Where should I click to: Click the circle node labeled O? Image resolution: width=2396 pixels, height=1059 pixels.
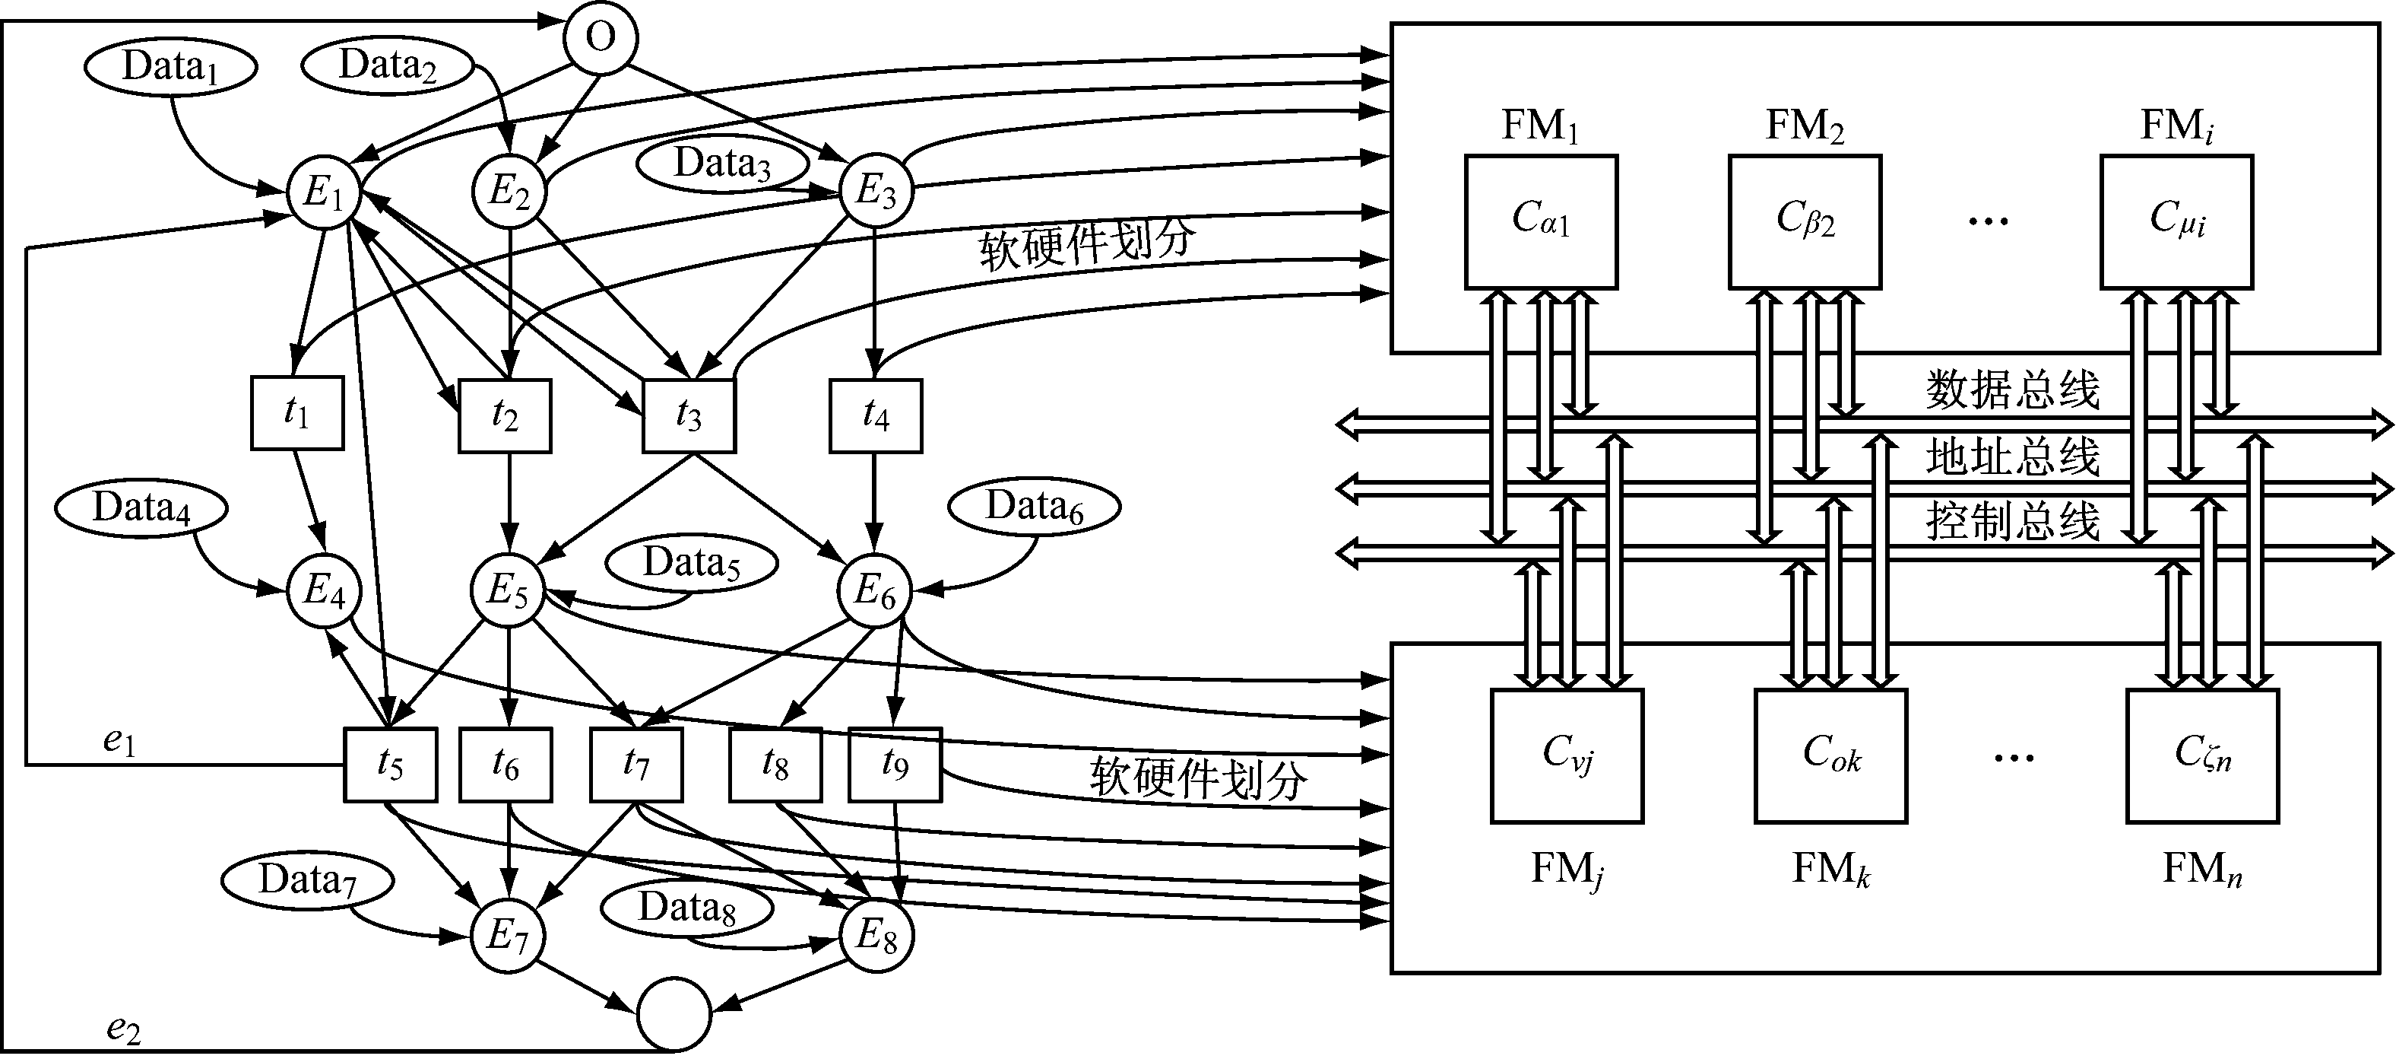[x=601, y=38]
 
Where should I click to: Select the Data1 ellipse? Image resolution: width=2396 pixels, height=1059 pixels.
[x=170, y=67]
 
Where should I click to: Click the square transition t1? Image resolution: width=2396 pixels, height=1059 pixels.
[x=296, y=413]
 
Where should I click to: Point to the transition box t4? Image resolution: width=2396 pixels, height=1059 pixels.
[x=875, y=416]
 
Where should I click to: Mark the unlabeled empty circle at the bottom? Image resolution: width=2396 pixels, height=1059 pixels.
[x=674, y=1014]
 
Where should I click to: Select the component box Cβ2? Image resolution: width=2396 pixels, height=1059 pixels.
[x=1805, y=221]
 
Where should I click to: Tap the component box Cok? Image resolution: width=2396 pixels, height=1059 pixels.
[x=1830, y=755]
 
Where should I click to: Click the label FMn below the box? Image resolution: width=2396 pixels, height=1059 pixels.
[x=2201, y=869]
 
